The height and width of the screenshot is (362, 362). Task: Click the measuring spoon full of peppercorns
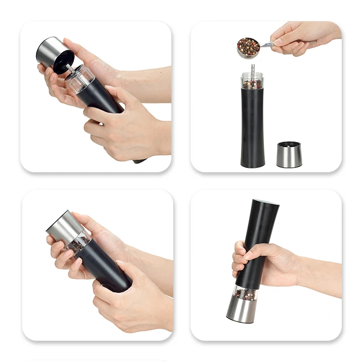coord(248,47)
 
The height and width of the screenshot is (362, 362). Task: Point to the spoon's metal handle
coord(266,44)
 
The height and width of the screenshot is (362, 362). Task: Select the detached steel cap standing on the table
coord(289,155)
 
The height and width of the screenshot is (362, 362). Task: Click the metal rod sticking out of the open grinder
coord(252,69)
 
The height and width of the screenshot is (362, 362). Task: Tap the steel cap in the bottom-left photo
coord(63,226)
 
